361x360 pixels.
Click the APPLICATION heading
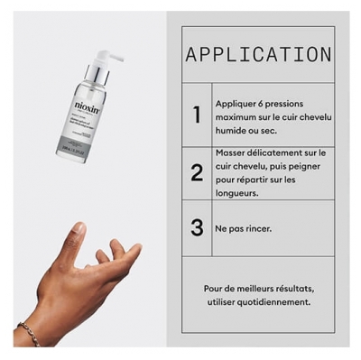tap(258, 54)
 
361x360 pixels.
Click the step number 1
tap(197, 115)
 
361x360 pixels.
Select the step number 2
tap(197, 171)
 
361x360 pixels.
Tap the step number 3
tap(197, 227)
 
